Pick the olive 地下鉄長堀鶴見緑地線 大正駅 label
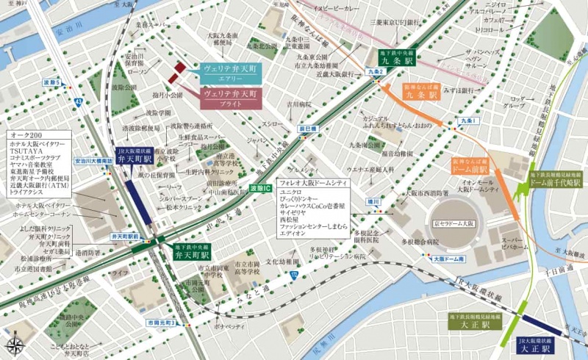tap(478, 320)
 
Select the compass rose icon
tap(14, 345)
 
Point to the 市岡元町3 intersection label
tap(159, 322)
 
